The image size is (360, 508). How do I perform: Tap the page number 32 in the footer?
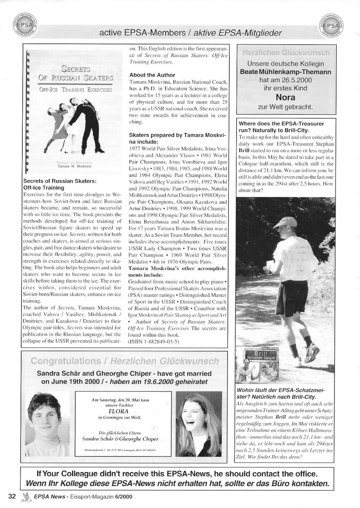(x=12, y=496)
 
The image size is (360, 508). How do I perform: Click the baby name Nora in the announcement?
(x=285, y=97)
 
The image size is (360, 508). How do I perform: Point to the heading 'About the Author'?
(x=152, y=75)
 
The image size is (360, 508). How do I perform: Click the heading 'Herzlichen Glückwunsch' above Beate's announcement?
(x=286, y=53)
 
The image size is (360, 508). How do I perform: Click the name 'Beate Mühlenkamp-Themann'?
(x=285, y=72)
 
